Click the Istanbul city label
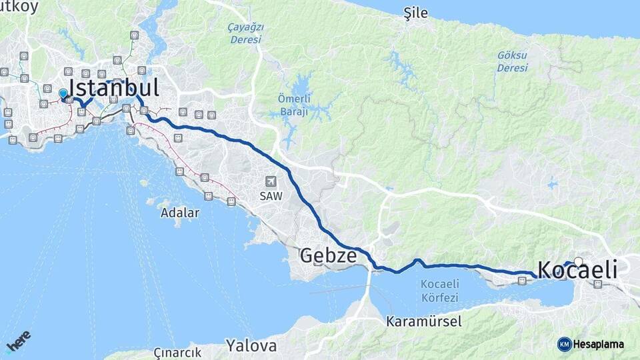pos(113,88)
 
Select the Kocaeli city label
pos(577,270)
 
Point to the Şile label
pos(416,14)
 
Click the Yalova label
pos(251,345)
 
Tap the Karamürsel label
pos(423,321)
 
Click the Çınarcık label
pos(177,353)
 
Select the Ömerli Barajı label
pos(293,106)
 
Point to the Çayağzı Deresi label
pos(247,33)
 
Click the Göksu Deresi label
pos(512,61)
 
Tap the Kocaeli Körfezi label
pos(439,289)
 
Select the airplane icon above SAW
pos(270,181)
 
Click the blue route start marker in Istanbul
pos(63,94)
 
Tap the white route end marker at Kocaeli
pos(578,262)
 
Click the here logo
pos(18,341)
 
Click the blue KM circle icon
pos(564,344)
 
